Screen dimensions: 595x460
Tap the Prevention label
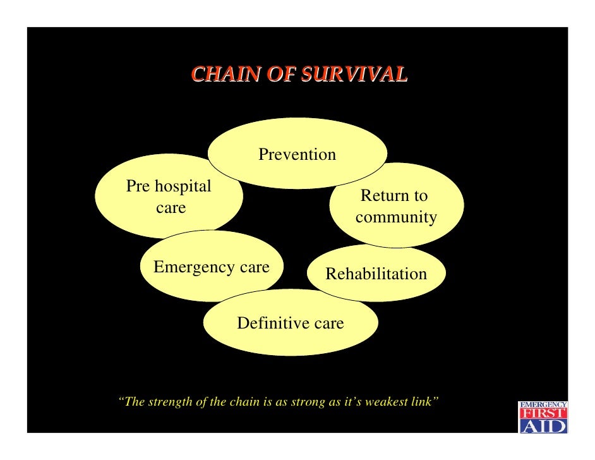click(297, 155)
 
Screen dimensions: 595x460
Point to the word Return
click(377, 196)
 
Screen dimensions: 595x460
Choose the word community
click(396, 217)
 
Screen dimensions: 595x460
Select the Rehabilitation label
click(376, 274)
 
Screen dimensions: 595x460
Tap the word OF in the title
click(281, 74)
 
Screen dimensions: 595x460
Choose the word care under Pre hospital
click(171, 208)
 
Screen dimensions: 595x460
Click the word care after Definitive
click(328, 324)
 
